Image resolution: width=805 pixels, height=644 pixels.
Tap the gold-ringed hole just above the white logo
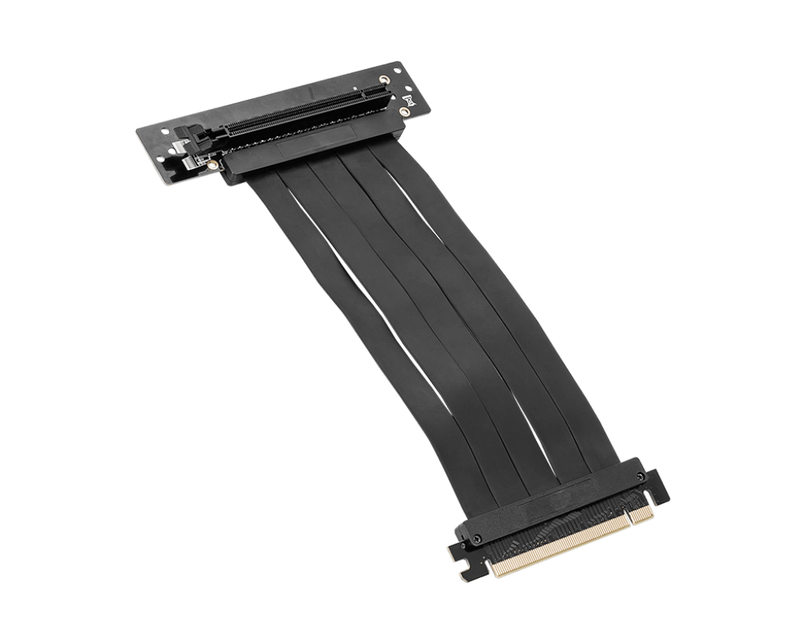[384, 79]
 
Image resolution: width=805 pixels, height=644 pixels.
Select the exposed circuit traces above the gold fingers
[566, 523]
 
